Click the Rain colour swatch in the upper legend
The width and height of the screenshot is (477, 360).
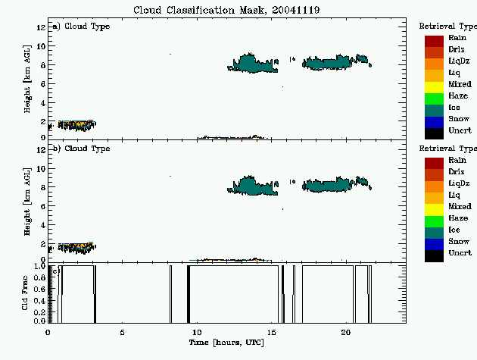pos(434,41)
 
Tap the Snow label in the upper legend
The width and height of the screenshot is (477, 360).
pos(459,119)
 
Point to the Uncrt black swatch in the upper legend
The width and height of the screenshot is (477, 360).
pos(434,133)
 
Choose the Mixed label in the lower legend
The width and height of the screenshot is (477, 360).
pos(460,206)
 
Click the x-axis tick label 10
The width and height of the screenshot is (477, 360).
pos(197,332)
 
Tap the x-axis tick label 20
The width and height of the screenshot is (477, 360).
pos(346,332)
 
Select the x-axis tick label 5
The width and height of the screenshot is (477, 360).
pos(123,332)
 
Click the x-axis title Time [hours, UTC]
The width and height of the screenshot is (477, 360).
pos(226,343)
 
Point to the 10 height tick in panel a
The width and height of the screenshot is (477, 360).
pos(41,46)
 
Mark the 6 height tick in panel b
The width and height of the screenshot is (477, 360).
pos(43,206)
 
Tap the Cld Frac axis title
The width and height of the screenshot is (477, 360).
pos(25,293)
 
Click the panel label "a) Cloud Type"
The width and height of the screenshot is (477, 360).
pos(81,27)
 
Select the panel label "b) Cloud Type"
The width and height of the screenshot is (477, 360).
pos(81,149)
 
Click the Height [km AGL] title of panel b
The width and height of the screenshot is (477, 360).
pos(27,202)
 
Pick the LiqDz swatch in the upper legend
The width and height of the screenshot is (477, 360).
pos(434,64)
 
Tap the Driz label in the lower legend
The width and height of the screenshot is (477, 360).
pos(457,172)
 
